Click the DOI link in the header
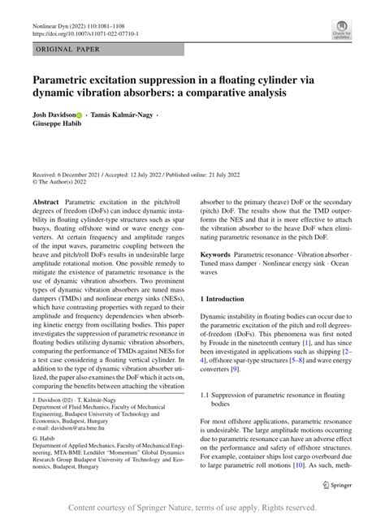84,35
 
